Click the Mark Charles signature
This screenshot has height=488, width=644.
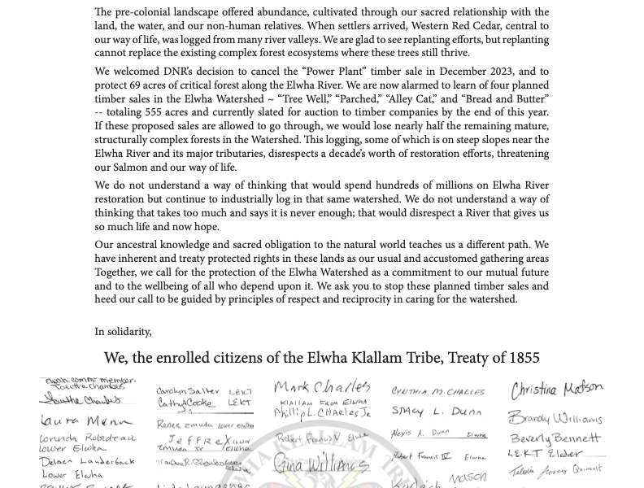[322, 386]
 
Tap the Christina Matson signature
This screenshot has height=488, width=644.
[557, 390]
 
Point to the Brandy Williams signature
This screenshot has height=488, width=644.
[555, 419]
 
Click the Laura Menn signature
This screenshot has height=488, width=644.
[85, 420]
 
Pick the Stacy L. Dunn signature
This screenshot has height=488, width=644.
[436, 412]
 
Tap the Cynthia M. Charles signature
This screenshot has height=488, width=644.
[437, 392]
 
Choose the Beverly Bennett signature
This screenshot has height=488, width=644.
[555, 438]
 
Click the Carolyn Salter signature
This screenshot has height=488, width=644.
[188, 391]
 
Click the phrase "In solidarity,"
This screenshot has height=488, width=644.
[123, 331]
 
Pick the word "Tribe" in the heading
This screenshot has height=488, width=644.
[420, 358]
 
